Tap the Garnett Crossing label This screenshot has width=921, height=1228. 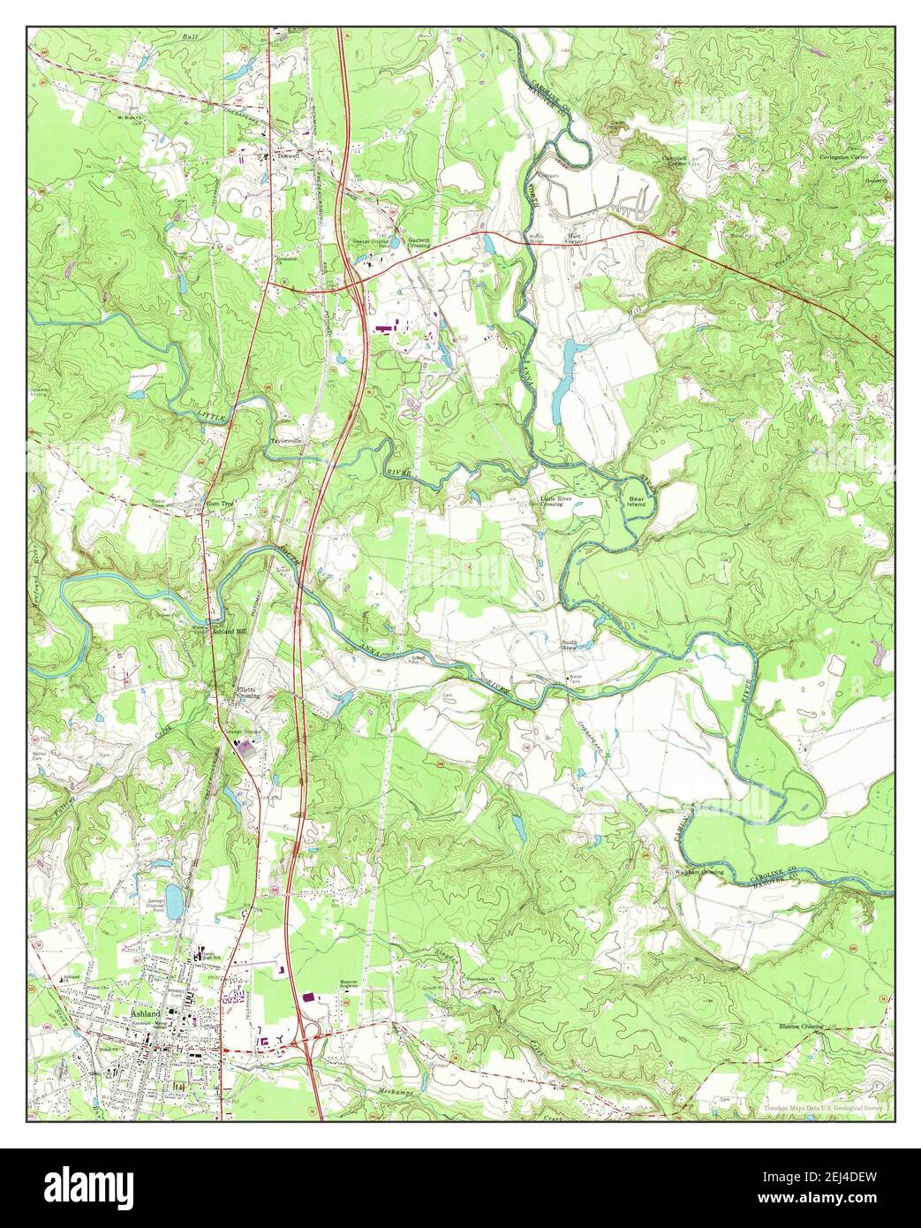[x=419, y=242]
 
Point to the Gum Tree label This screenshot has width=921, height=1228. [x=218, y=503]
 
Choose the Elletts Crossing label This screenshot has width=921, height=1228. [x=245, y=693]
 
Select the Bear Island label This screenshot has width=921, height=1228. [x=637, y=500]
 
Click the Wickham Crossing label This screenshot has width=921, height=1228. [x=699, y=872]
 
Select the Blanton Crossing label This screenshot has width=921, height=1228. [x=800, y=1027]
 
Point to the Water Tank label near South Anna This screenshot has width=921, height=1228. [x=575, y=679]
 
